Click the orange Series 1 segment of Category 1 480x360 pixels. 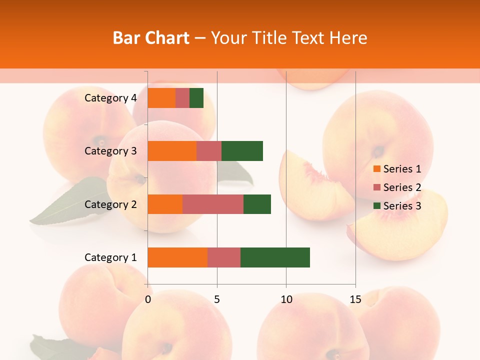[177, 257]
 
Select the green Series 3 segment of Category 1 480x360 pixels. [275, 257]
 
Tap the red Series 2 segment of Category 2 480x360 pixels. [213, 204]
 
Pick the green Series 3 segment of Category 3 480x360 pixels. [242, 151]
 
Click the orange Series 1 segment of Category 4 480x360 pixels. [161, 98]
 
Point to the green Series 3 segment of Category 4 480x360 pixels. [196, 98]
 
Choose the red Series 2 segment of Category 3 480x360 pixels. [209, 151]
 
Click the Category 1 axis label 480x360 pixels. [110, 257]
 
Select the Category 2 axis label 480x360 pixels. [110, 204]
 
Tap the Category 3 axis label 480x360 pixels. [110, 151]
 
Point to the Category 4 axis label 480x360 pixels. [110, 98]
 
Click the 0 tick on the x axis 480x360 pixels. [148, 299]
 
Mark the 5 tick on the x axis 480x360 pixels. [217, 299]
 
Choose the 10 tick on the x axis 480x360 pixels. [286, 299]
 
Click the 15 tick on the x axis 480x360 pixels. [355, 299]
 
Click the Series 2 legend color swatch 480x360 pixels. [377, 187]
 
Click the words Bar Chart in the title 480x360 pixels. [151, 38]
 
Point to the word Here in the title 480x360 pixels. [349, 38]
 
